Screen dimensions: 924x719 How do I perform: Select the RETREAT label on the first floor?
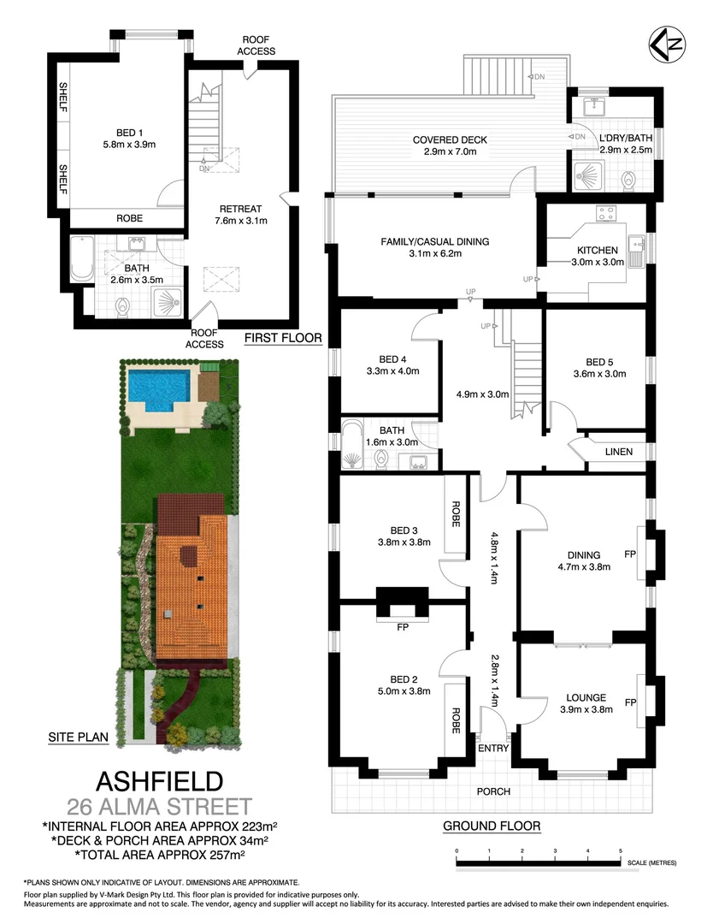coord(240,209)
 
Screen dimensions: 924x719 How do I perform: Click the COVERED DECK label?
coord(449,140)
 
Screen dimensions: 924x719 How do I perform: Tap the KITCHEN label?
coord(598,251)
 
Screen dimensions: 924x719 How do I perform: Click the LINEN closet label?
coord(618,451)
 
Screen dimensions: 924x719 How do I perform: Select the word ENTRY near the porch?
coord(493,748)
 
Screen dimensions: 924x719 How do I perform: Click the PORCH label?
coord(493,791)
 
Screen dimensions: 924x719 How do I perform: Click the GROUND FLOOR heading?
coord(492,826)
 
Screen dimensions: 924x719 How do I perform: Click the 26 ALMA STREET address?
coord(159,806)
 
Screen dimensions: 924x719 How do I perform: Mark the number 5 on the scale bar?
coord(620,851)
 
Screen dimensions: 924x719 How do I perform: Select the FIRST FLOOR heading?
coord(282,338)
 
